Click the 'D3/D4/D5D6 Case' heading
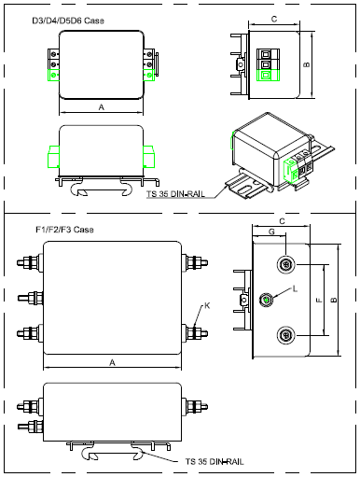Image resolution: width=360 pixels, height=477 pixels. [x=68, y=21]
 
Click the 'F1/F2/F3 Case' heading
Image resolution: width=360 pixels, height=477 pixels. [x=64, y=230]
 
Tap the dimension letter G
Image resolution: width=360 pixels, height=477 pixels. [x=271, y=231]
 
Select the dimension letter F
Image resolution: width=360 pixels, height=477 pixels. [x=319, y=301]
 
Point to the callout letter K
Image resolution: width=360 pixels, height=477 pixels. [x=207, y=305]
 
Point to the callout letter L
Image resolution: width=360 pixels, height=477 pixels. [x=295, y=288]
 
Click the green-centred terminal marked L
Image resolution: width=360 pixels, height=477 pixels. [x=266, y=300]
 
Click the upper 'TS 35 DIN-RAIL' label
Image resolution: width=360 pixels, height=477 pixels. [x=175, y=194]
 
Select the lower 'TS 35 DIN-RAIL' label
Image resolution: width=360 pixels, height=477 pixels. [x=215, y=461]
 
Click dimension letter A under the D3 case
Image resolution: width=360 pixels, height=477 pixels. [x=102, y=107]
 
